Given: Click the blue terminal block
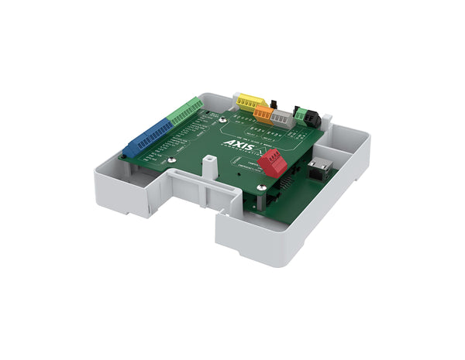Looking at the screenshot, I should pyautogui.click(x=147, y=138).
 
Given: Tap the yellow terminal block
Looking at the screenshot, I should pyautogui.click(x=250, y=101).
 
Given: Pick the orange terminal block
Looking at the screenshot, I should pyautogui.click(x=263, y=114).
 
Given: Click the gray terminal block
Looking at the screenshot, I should pyautogui.click(x=282, y=119).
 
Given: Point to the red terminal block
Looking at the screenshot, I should pyautogui.click(x=273, y=163).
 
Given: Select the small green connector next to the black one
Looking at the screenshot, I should pyautogui.click(x=300, y=115).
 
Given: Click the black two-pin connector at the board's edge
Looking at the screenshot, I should pyautogui.click(x=312, y=118).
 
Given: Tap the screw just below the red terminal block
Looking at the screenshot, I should pyautogui.click(x=261, y=186).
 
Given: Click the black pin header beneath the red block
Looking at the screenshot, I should pyautogui.click(x=284, y=183).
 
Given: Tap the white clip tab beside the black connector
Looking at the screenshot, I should pyautogui.click(x=328, y=121).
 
